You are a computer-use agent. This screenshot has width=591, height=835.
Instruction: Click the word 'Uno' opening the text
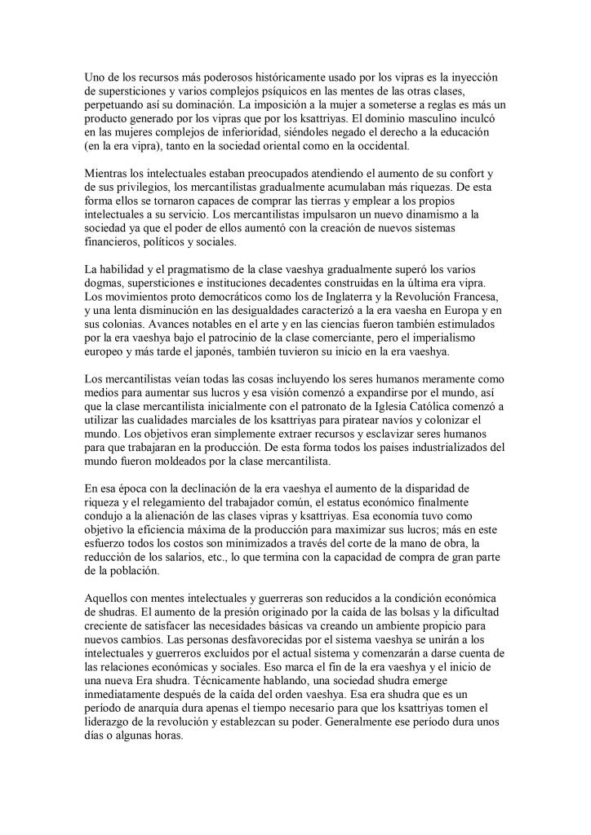(96, 77)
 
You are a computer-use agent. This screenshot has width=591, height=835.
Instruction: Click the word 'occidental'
(365, 147)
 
